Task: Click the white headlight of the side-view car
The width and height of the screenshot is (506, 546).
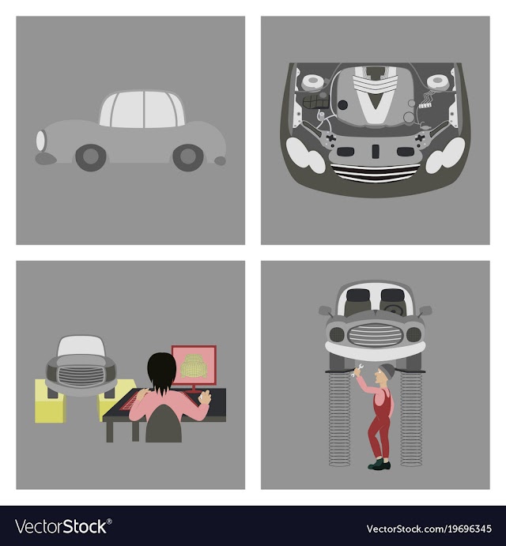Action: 41,140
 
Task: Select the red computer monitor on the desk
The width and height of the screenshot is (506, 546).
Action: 194,366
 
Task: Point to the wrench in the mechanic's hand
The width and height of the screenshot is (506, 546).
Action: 358,370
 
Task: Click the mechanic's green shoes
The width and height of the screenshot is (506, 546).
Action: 379,464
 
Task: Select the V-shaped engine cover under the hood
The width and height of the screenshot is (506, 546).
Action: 375,95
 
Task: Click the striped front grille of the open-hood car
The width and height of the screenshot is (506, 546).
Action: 376,173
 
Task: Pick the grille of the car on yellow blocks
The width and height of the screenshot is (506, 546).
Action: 81,375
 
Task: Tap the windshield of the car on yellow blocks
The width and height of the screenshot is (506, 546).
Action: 81,347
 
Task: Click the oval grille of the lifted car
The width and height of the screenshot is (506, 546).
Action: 375,335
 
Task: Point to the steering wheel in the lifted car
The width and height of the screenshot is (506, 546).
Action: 393,309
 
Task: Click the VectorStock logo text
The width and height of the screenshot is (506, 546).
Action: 63,526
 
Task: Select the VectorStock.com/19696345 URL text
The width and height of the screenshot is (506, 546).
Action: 429,529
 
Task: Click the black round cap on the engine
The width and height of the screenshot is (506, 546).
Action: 343,105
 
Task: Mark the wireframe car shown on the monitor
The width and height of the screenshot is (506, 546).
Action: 194,366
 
